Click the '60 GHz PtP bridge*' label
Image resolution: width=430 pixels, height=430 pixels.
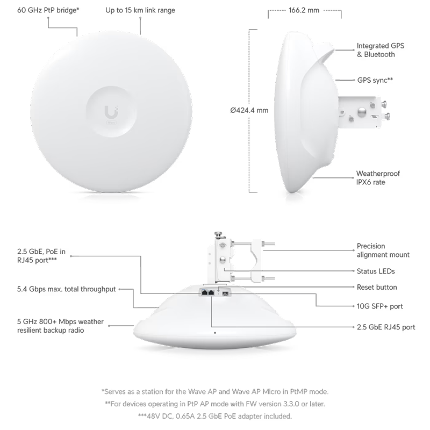click(x=48, y=10)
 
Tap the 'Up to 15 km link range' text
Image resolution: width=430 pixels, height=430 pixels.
click(x=140, y=10)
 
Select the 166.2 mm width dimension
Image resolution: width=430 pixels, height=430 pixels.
click(x=304, y=10)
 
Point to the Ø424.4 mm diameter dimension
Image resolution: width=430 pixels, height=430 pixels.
click(x=249, y=110)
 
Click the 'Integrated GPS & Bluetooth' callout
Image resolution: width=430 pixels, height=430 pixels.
click(x=381, y=50)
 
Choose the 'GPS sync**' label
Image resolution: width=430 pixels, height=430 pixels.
click(x=375, y=80)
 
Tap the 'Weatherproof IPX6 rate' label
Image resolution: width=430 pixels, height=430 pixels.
click(x=378, y=178)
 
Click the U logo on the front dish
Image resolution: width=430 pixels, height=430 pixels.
click(x=111, y=112)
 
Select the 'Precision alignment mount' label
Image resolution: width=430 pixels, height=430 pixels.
click(x=383, y=250)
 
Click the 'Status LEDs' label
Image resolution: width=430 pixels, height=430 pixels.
click(x=376, y=271)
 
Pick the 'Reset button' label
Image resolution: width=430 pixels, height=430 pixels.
click(x=377, y=287)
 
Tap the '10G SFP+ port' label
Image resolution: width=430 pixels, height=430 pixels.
click(x=380, y=306)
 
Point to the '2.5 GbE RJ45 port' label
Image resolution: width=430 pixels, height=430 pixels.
click(x=386, y=327)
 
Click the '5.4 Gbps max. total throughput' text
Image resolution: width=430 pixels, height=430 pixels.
click(x=66, y=289)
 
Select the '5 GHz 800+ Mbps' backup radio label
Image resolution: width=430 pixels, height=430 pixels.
click(x=60, y=326)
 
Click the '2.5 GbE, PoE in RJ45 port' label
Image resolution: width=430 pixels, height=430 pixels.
click(x=41, y=256)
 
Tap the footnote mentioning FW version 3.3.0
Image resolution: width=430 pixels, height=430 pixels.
click(x=214, y=404)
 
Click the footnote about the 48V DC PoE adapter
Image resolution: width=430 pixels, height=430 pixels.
click(x=214, y=416)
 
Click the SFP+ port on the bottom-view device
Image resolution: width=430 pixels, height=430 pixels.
click(x=226, y=293)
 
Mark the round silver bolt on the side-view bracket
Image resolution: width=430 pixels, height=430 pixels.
click(x=362, y=111)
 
